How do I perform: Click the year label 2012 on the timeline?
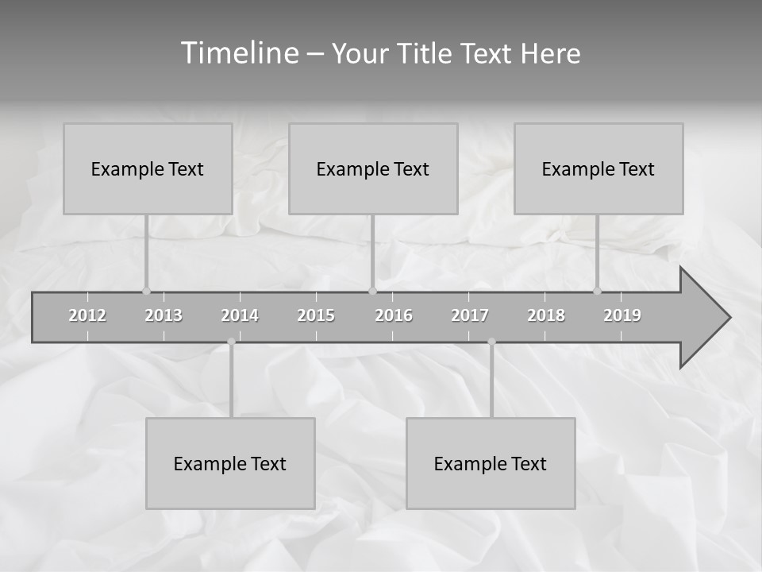pos(87,315)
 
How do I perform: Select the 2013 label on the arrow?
pos(164,315)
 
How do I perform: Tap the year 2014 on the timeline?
pos(240,315)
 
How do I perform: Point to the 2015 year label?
pos(316,315)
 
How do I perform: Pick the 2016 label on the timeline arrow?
pos(394,315)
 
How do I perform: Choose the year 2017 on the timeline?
pos(470,315)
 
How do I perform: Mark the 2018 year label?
pos(546,315)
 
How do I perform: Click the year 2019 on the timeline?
pos(622,315)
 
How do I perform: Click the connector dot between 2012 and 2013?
pos(146,291)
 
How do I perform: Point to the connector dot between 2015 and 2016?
pos(372,291)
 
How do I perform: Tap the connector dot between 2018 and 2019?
pos(597,291)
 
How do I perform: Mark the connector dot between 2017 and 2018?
pos(491,342)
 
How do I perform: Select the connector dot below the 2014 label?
pos(231,342)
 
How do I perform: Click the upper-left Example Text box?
pos(148,168)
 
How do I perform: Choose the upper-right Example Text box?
pos(598,168)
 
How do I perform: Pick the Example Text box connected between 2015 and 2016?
pos(373,168)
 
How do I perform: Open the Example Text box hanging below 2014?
pos(230,463)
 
